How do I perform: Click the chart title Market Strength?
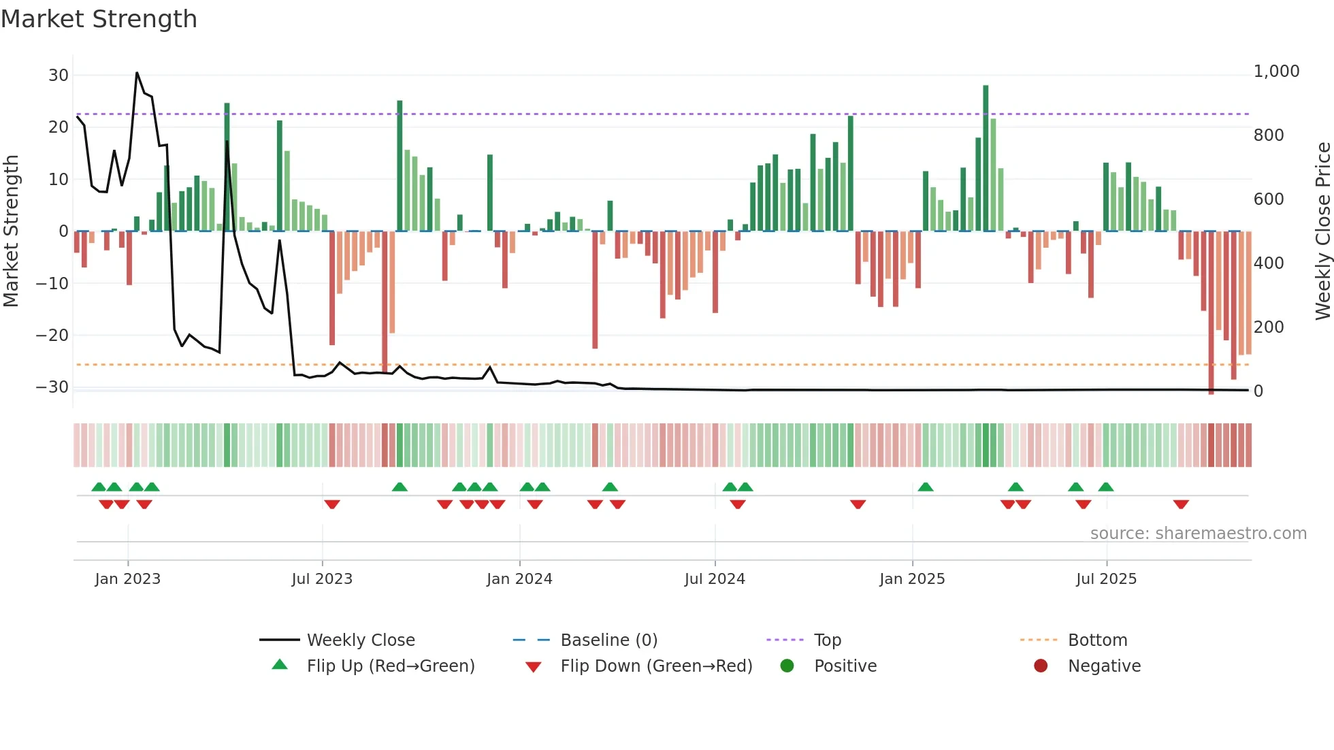coord(99,19)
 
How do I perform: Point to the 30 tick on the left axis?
coord(58,76)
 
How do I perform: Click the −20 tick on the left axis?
coord(52,336)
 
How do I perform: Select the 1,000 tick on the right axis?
coord(1276,71)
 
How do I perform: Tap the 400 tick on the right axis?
coord(1268,263)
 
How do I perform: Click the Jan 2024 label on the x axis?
coord(519,579)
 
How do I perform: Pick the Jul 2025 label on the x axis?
coord(1106,579)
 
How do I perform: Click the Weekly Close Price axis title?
coord(1322,231)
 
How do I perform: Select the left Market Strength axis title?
coord(11,231)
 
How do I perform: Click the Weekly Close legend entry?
coord(360,640)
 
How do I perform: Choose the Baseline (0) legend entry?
coord(608,640)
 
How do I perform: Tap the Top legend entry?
coord(827,640)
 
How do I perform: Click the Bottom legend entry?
coord(1097,640)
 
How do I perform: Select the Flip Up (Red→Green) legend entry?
coord(390,666)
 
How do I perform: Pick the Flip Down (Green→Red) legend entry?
coord(656,666)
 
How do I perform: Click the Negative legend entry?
coord(1103,666)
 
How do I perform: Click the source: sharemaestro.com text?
coord(1198,534)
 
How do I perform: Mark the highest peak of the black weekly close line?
coord(137,73)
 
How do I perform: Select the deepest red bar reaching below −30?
coord(1211,313)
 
